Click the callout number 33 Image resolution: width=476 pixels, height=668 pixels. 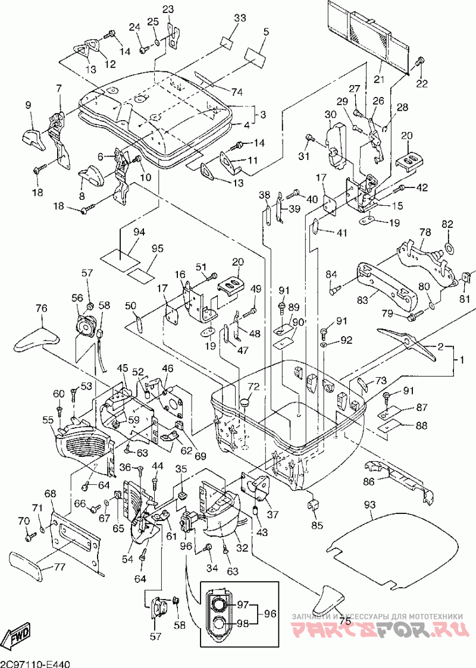coord(240,18)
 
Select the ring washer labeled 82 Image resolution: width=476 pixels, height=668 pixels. coord(449,247)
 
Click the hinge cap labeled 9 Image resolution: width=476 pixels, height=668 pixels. coord(32,138)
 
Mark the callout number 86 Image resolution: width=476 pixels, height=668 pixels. coord(370,482)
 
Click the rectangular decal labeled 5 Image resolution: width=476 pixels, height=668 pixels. coord(254,56)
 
